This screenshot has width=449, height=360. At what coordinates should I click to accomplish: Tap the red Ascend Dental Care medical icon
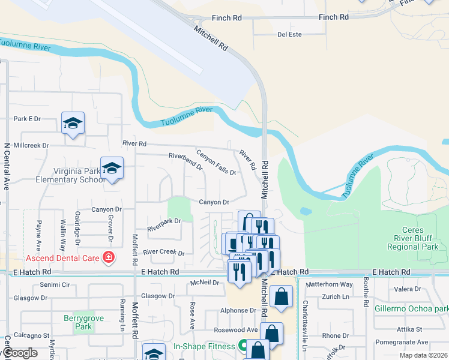109,258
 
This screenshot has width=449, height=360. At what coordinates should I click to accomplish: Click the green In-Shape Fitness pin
243,346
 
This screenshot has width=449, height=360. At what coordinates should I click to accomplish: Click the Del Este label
289,34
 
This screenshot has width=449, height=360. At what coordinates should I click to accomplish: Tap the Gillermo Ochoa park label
415,308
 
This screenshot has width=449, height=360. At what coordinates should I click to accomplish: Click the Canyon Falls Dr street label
216,162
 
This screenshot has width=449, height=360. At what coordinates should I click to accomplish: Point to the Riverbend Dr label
185,162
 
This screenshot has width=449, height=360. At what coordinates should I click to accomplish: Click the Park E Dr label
26,119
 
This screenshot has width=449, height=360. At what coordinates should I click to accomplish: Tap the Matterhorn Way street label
330,284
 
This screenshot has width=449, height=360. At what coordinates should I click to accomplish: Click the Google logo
20,353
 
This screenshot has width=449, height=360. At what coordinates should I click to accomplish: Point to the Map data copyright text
423,355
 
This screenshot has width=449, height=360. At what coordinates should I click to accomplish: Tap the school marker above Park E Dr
73,123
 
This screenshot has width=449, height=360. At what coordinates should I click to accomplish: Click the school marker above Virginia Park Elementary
112,169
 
